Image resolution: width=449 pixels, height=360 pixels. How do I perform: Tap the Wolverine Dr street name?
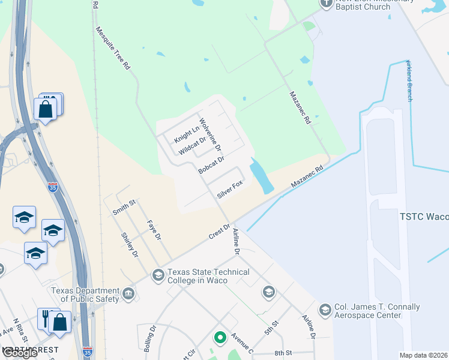pyautogui.click(x=211, y=134)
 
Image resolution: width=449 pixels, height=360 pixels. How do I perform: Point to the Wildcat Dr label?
pyautogui.click(x=192, y=144)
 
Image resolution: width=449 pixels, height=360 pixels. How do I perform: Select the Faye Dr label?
pyautogui.click(x=155, y=230)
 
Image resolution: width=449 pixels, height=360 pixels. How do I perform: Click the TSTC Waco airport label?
pyautogui.click(x=424, y=217)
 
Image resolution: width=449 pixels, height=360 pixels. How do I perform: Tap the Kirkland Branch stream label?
pyautogui.click(x=410, y=80)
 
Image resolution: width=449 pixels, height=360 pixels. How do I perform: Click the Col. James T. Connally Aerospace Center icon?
pyautogui.click(x=325, y=310)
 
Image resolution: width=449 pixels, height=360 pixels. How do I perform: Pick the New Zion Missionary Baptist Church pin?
pyautogui.click(x=327, y=3)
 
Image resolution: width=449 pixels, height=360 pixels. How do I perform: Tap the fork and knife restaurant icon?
pyautogui.click(x=46, y=318)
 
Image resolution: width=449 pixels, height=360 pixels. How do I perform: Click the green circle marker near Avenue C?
pyautogui.click(x=220, y=338)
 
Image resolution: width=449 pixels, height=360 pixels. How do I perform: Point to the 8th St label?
pyautogui.click(x=284, y=353)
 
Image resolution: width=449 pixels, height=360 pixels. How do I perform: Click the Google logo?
pyautogui.click(x=19, y=353)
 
